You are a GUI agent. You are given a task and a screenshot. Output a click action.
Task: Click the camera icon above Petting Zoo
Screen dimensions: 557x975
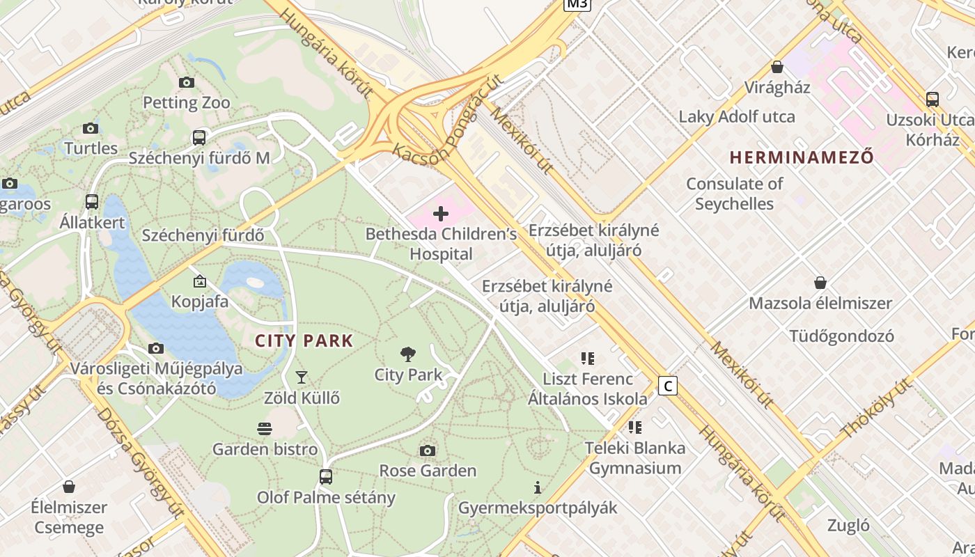(x=187, y=82)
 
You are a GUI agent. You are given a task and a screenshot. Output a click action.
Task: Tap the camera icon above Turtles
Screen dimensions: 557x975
(x=91, y=128)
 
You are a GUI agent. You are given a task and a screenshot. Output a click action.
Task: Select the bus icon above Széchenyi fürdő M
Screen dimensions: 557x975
(x=199, y=138)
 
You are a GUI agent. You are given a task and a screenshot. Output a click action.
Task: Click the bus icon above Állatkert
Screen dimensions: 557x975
(x=92, y=202)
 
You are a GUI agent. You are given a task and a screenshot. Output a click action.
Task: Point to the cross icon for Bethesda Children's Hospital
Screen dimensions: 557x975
(x=441, y=214)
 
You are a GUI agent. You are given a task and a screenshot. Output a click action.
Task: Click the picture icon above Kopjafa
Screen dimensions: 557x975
(x=200, y=281)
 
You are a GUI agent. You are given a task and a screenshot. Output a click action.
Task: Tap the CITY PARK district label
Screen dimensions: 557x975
(x=304, y=341)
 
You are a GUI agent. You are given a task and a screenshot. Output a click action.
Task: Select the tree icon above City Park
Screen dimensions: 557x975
(x=408, y=354)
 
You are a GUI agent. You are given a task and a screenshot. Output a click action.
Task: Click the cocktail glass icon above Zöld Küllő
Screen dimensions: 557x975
(x=302, y=377)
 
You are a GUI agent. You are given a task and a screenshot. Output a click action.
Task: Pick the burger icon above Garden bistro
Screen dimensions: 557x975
(x=265, y=428)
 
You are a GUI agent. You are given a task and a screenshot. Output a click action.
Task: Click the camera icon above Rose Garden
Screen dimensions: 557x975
(x=428, y=450)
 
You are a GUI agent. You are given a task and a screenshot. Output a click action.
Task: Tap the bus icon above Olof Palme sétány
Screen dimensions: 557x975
(x=326, y=477)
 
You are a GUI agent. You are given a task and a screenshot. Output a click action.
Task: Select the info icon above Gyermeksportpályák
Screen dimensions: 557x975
(x=537, y=487)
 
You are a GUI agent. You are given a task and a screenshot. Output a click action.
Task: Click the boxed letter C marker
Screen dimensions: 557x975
(x=668, y=386)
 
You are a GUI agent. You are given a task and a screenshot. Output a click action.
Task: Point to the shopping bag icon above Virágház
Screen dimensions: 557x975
(x=777, y=67)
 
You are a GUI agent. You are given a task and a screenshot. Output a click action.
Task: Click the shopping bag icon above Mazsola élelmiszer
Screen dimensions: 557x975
(x=820, y=283)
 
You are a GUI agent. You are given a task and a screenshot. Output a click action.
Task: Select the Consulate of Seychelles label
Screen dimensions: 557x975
(x=735, y=194)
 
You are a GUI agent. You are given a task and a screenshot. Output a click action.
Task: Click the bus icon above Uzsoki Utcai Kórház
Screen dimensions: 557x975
(x=933, y=100)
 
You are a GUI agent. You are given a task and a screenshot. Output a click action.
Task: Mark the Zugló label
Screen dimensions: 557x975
(x=848, y=525)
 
